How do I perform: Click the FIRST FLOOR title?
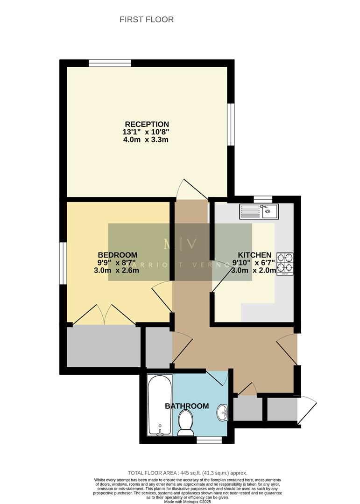pos(146,20)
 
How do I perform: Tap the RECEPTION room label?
pos(146,124)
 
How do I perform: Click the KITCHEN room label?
pos(254,255)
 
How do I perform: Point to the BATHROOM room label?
pos(187,406)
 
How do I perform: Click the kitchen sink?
pos(259,212)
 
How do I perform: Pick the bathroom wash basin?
pos(223,412)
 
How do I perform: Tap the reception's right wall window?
pos(231,124)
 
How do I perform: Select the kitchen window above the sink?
pos(263,199)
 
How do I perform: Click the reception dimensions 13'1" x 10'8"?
pos(146,132)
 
